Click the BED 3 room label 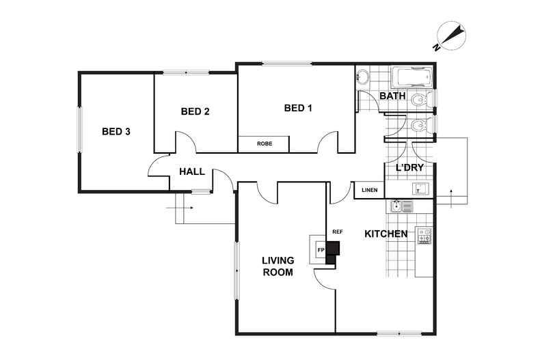coord(116,131)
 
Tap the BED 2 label coord(195,111)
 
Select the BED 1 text coord(298,108)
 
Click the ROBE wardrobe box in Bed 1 coord(264,144)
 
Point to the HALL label coord(192,171)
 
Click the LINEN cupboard coord(369,190)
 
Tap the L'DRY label coord(409,168)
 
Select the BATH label coord(392,96)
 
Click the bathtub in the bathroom coord(411,77)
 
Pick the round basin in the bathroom coord(362,77)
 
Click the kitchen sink coord(401,206)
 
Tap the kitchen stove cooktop coord(424,236)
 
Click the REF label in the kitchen coord(338,232)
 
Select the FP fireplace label coord(321,250)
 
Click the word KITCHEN coord(386,234)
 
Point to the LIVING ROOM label coord(278,266)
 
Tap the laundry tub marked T coord(420,189)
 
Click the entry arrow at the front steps coord(179,208)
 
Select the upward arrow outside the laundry coord(451,199)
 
